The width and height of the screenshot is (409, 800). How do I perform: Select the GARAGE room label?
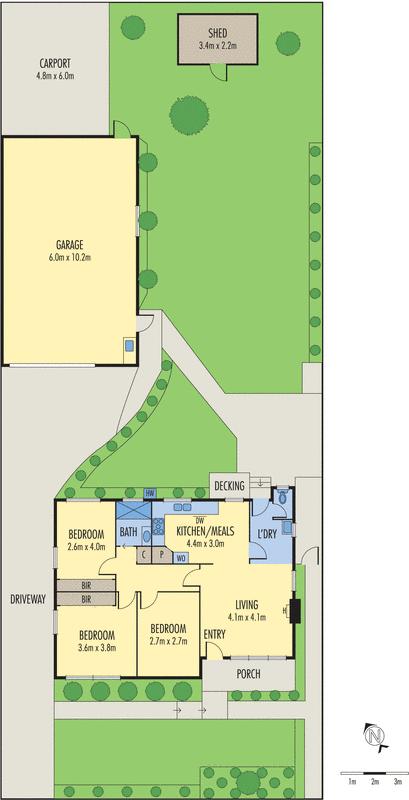(69, 244)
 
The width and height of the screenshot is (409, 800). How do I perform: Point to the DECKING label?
(230, 487)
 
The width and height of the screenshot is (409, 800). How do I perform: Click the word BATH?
(129, 532)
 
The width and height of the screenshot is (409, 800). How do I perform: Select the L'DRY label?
(268, 534)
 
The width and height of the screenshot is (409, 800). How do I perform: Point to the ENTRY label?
(215, 634)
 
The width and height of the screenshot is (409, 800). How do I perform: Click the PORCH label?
(248, 674)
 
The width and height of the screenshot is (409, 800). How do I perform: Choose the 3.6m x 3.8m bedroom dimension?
(98, 647)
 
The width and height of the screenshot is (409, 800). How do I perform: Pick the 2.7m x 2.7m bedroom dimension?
(169, 641)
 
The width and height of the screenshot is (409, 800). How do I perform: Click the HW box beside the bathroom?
(149, 494)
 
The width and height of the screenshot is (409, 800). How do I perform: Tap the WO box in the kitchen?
(180, 557)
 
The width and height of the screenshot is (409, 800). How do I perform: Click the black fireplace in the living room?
(294, 610)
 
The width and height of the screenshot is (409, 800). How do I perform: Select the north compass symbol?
(375, 738)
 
